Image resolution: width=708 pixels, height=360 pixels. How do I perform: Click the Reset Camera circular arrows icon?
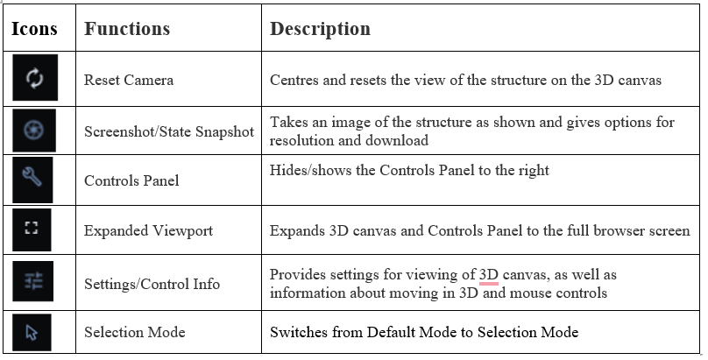click(35, 78)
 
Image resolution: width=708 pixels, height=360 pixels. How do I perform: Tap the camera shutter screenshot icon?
click(34, 130)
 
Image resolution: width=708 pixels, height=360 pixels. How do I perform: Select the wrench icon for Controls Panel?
click(32, 176)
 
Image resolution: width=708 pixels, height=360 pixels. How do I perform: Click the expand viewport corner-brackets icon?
click(32, 228)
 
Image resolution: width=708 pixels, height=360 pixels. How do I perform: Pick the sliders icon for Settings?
click(33, 280)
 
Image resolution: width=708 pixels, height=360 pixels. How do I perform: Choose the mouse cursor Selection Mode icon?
click(32, 333)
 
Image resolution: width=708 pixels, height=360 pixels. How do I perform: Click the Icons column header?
click(34, 28)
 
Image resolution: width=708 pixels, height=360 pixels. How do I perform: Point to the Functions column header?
click(127, 28)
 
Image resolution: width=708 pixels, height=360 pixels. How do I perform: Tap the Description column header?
click(320, 28)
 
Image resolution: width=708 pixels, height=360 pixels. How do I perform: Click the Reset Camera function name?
click(129, 80)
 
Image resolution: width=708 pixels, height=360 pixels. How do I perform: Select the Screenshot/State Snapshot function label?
click(169, 131)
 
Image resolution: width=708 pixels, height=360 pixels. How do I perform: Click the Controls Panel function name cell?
click(131, 180)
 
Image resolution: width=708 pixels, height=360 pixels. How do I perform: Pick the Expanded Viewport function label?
click(149, 230)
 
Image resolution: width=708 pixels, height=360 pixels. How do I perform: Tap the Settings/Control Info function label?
click(152, 284)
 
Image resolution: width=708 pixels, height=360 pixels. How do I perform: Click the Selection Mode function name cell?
click(135, 332)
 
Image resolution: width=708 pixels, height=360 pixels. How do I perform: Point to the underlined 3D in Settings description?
click(489, 275)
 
